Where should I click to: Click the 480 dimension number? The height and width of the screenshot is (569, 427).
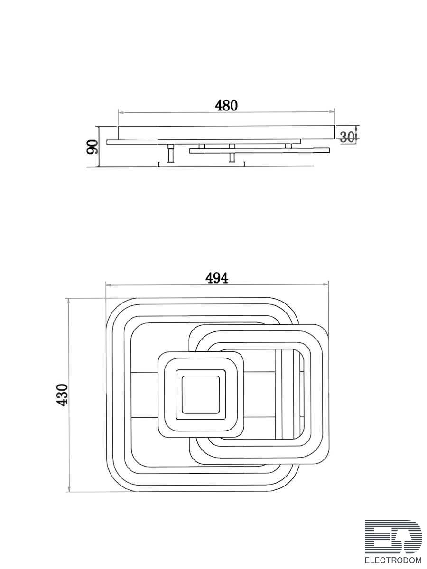(226, 105)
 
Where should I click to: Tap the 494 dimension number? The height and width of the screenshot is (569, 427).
(217, 278)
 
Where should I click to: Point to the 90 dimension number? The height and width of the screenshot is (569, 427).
(92, 147)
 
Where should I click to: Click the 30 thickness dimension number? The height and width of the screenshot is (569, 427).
(347, 138)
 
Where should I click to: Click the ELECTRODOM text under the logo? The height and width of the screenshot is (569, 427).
(393, 560)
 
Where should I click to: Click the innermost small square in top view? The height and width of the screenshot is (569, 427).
(200, 395)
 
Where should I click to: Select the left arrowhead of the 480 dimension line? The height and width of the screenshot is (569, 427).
(121, 113)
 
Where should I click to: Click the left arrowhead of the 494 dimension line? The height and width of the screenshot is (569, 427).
(108, 285)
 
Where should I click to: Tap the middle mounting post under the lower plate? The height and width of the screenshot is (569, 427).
(232, 157)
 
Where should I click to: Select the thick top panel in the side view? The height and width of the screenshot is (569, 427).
(226, 132)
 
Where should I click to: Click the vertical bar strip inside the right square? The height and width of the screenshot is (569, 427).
(288, 395)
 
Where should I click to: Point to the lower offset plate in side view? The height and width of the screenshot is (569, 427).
(259, 151)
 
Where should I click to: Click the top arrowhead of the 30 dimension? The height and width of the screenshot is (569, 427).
(356, 127)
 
